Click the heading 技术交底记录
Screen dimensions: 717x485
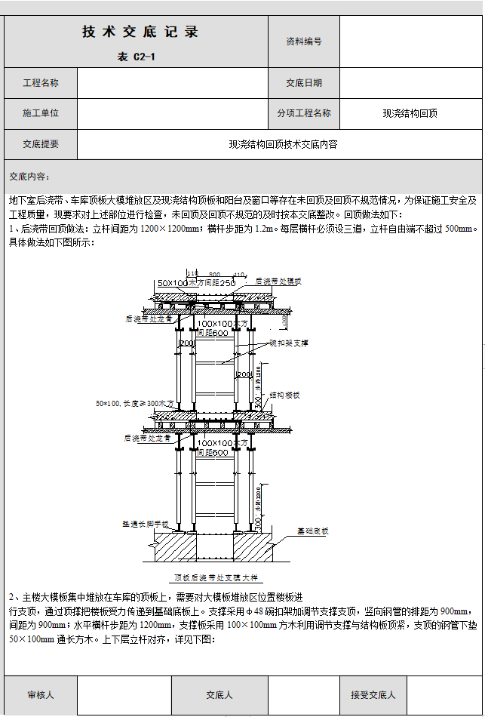(140, 32)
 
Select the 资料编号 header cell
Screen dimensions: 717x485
(304, 42)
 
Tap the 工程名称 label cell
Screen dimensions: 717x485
(41, 83)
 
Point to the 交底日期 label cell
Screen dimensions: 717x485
(304, 83)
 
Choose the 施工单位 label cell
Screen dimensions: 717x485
(41, 113)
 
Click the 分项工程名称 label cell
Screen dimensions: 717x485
(304, 113)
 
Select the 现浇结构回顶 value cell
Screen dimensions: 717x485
(410, 114)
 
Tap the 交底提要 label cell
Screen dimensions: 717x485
(41, 144)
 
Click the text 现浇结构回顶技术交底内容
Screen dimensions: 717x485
(283, 144)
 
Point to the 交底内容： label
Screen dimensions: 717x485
(29, 177)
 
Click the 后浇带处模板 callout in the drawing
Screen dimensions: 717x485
(278, 281)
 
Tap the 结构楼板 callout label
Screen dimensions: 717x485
(285, 395)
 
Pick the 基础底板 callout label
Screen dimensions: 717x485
(312, 531)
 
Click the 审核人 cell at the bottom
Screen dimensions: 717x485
(41, 694)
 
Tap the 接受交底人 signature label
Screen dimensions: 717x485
(373, 694)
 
